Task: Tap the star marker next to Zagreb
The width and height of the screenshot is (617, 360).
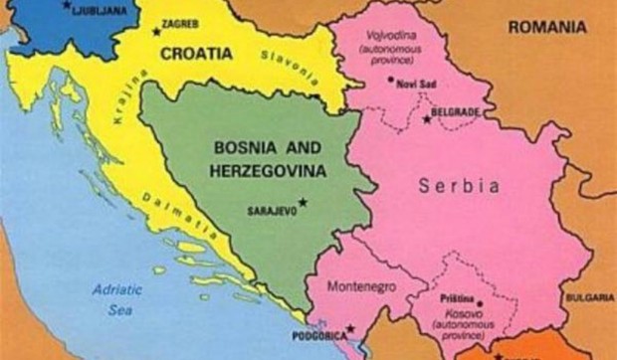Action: (x=156, y=32)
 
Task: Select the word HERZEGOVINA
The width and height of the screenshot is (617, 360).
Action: (x=267, y=171)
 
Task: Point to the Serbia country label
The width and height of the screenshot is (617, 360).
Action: (x=458, y=185)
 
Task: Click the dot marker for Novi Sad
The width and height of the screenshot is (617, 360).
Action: (x=391, y=79)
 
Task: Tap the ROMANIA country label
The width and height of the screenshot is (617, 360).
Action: (x=546, y=27)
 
